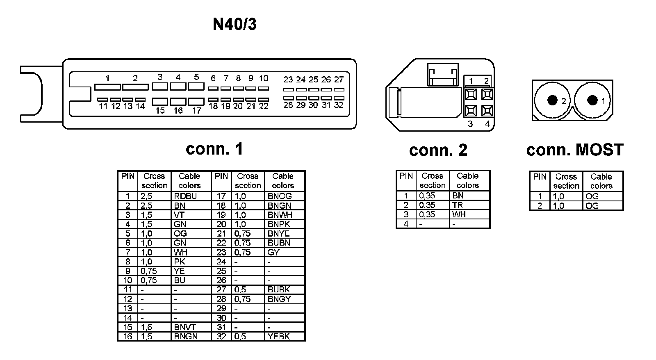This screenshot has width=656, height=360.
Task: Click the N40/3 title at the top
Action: click(x=235, y=25)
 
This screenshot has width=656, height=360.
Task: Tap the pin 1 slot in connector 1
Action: click(x=107, y=87)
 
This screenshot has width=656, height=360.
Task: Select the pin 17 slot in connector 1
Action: click(x=196, y=101)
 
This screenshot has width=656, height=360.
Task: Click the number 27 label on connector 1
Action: click(x=339, y=80)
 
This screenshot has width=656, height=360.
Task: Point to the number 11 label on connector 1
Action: click(x=103, y=107)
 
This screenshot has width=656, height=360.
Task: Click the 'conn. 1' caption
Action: click(x=214, y=148)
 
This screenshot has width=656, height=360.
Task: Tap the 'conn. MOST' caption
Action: click(x=575, y=150)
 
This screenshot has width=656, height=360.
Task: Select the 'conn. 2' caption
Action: click(x=438, y=150)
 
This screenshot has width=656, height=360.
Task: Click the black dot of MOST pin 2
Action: click(x=552, y=100)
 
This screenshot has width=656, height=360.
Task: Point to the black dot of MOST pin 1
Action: click(x=592, y=100)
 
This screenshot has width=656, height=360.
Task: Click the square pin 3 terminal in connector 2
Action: click(x=471, y=111)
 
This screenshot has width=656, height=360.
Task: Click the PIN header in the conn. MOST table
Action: click(x=540, y=177)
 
